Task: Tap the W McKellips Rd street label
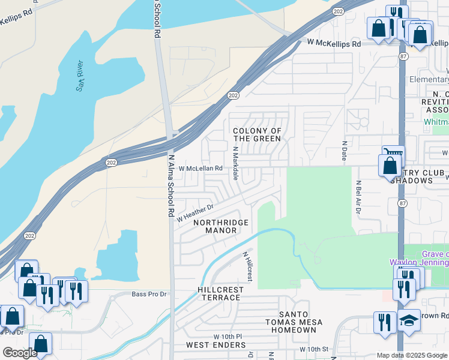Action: pos(334,44)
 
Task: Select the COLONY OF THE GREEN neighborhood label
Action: pos(257,135)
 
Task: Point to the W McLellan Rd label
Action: pos(200,169)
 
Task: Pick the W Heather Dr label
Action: pos(195,212)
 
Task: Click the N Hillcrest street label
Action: pos(247,266)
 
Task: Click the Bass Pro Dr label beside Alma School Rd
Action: pos(148,295)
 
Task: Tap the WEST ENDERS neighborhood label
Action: pos(215,345)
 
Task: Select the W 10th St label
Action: pos(315,349)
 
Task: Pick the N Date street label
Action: pos(345,151)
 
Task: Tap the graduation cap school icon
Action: pos(409,320)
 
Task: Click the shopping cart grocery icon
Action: pos(394,155)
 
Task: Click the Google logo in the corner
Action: pos(20,353)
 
